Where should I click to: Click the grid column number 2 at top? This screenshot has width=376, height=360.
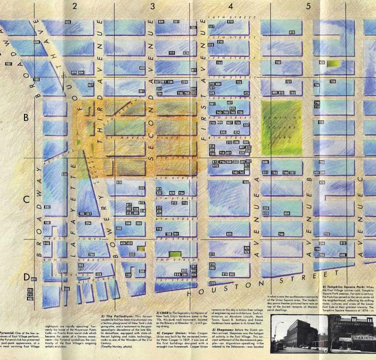[x=74, y=6]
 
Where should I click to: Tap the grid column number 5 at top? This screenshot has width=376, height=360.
[x=308, y=6]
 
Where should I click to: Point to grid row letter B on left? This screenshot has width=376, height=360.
[x=26, y=118]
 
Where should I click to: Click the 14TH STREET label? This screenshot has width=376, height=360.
[x=233, y=17]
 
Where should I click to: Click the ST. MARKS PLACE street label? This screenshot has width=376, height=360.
[x=127, y=139]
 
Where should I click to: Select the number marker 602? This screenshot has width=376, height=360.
[x=68, y=23]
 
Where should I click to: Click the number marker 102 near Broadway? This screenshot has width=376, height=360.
[x=8, y=64]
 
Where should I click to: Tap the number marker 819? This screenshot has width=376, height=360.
[x=292, y=32]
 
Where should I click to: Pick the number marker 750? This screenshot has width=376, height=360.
[x=278, y=63]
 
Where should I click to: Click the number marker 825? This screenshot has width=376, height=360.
[x=228, y=234]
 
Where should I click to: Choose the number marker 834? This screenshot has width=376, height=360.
[x=287, y=214]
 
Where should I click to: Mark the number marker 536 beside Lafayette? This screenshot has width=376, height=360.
[x=64, y=174]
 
